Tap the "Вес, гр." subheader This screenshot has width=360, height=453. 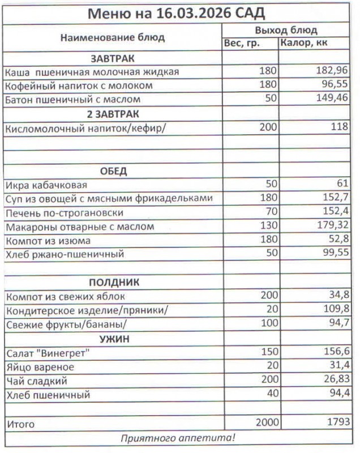pos(242,44)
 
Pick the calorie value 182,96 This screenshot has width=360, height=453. pos(331,72)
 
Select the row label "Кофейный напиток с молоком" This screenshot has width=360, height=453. pos(79,86)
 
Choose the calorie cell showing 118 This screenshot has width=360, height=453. pos(340,127)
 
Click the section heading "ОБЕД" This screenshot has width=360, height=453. pos(113,171)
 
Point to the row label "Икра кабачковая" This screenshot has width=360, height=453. pos(46,185)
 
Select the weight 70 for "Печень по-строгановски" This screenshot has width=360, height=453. pos(271,213)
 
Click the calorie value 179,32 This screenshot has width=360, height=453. pos(331,226)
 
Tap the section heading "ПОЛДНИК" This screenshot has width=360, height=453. pos(114,282)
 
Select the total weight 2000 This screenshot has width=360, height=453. pos(265,423)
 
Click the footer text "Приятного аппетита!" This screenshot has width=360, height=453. pos(178,438)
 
